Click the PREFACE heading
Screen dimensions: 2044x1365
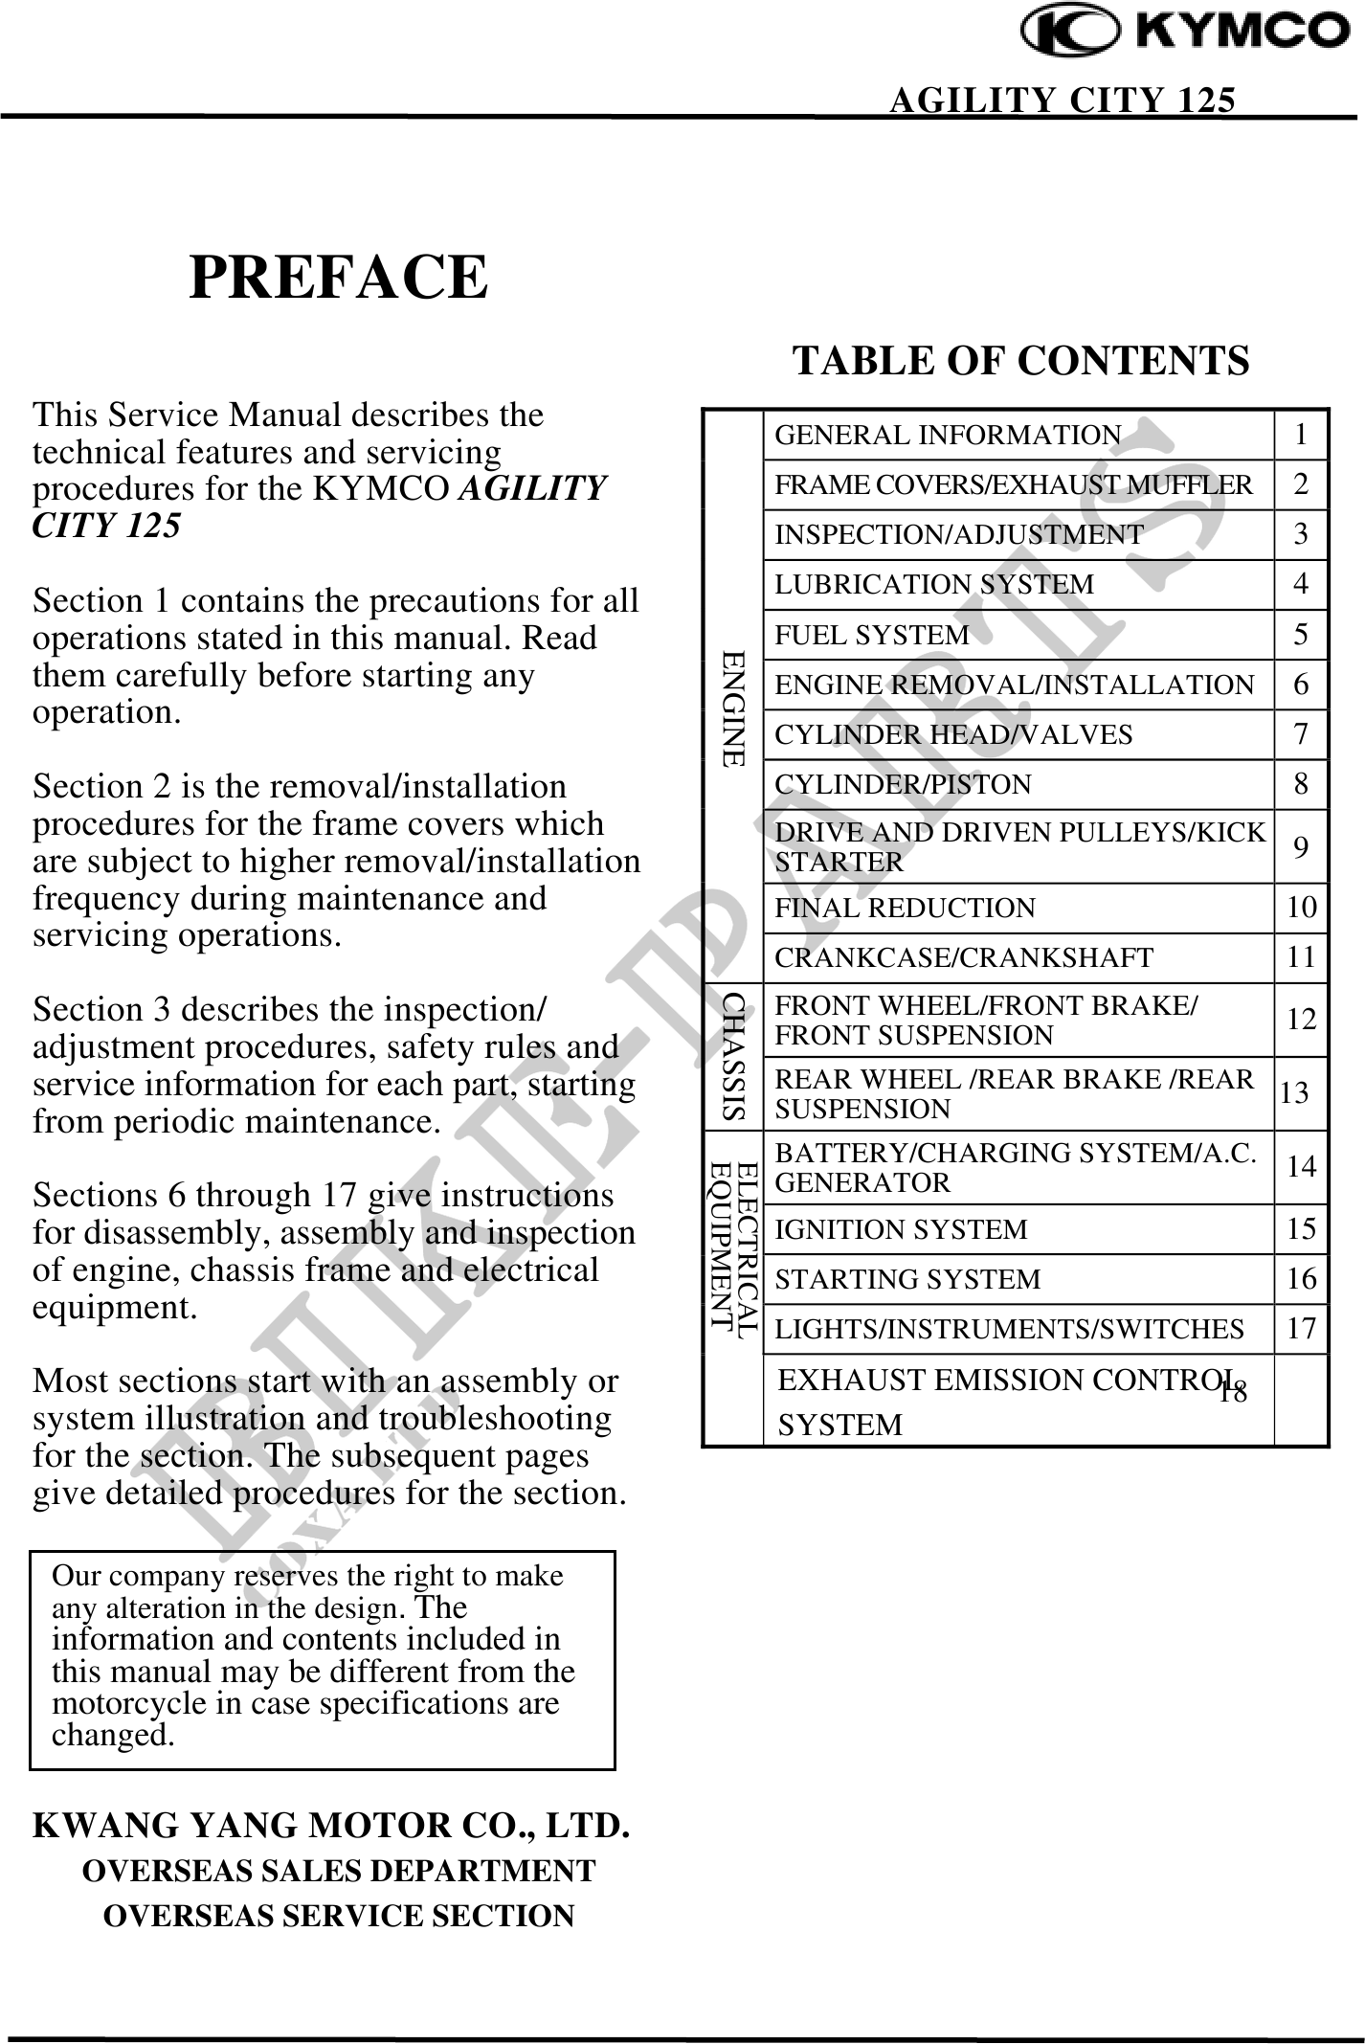[339, 278]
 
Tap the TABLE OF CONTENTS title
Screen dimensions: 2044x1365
[1020, 361]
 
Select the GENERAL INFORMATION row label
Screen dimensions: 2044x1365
[948, 436]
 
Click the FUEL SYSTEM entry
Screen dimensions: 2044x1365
[872, 635]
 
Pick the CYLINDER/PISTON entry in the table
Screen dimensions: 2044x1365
[903, 784]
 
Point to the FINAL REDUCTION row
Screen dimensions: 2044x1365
[905, 908]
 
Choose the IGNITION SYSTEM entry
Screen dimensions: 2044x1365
[901, 1229]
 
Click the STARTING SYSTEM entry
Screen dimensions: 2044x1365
[906, 1279]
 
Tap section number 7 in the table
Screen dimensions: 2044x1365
[1300, 734]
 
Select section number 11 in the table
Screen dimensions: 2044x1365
[1301, 956]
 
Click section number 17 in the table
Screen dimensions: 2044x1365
[1301, 1328]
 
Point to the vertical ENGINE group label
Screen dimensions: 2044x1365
[733, 708]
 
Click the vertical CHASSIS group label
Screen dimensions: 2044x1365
[734, 1056]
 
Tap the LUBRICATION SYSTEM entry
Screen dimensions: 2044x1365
[933, 585]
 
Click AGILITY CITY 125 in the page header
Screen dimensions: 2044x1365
[1062, 100]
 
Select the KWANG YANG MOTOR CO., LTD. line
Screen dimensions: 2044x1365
[331, 1826]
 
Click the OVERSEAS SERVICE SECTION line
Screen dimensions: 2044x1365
[339, 1916]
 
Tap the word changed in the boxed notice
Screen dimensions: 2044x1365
[113, 1735]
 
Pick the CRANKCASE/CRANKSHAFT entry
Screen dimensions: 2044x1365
[963, 957]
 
